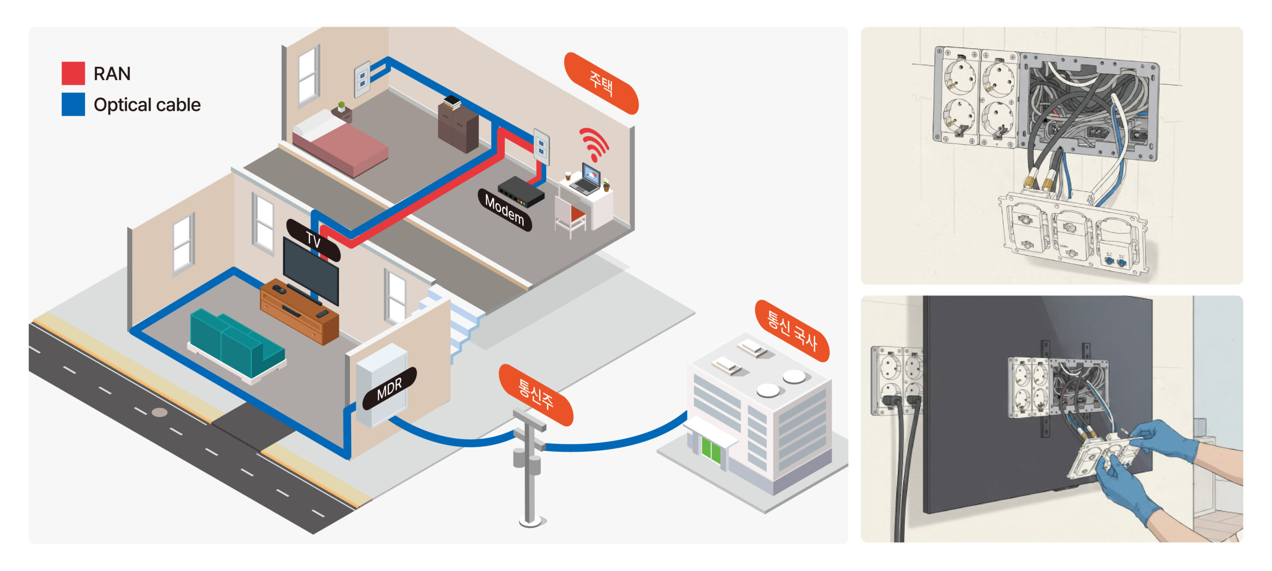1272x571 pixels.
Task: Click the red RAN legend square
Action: (x=73, y=73)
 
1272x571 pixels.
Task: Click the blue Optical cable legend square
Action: (x=73, y=104)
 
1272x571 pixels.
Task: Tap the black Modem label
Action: (x=504, y=210)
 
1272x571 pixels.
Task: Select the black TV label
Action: (x=313, y=240)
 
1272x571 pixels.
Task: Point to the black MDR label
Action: (x=389, y=389)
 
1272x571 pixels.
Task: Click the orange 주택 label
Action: (x=601, y=83)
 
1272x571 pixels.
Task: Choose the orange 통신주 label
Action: (x=536, y=395)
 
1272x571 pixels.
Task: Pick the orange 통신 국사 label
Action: (x=792, y=331)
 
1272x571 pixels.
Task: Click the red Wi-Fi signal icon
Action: (x=594, y=143)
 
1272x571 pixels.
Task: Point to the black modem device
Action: (x=521, y=192)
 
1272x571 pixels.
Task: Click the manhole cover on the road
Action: (x=159, y=412)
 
